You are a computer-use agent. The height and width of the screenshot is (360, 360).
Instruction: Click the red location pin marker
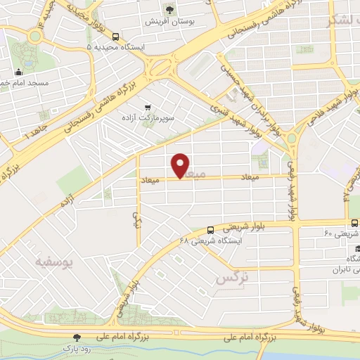coord(181,165)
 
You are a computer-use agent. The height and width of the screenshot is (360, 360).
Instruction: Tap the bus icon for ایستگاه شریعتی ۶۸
coord(210,229)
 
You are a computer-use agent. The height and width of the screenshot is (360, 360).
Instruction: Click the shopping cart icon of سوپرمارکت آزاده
coord(147,107)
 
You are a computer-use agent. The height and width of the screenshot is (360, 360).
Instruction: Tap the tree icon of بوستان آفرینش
coord(169,9)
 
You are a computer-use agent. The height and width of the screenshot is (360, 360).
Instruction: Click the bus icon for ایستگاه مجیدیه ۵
coord(115,37)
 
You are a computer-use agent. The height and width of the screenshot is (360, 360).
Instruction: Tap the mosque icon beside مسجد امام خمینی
coord(19,71)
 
